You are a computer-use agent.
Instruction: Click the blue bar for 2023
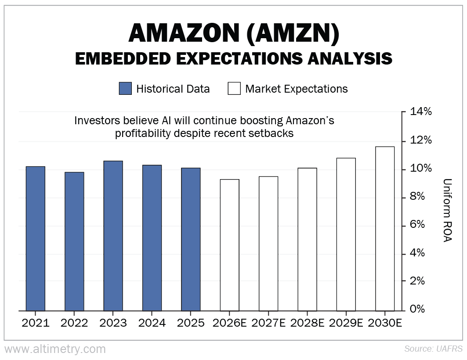click(113, 236)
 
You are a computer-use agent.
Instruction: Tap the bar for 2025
click(191, 239)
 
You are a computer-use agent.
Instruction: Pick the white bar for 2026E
click(229, 245)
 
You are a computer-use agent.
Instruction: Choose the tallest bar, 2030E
click(385, 229)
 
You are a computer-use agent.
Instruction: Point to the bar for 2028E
click(307, 239)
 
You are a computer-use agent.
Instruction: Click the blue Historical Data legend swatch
click(125, 89)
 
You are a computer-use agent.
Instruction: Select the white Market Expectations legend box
click(234, 89)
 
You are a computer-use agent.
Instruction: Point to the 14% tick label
click(420, 112)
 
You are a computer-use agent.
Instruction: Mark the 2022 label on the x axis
click(74, 323)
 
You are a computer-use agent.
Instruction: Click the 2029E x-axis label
click(345, 323)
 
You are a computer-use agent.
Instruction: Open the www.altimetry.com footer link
click(55, 349)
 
